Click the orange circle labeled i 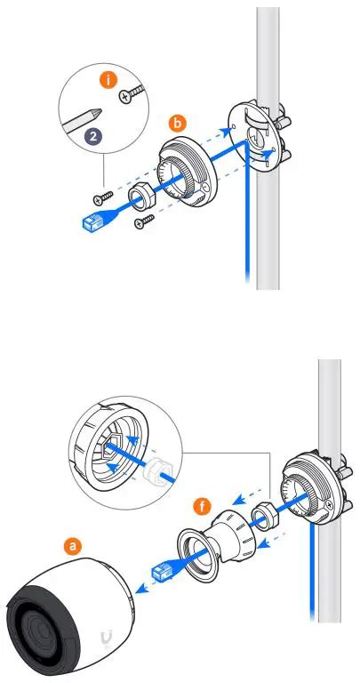point(109,80)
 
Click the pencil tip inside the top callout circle point(95,116)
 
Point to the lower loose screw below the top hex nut point(140,223)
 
